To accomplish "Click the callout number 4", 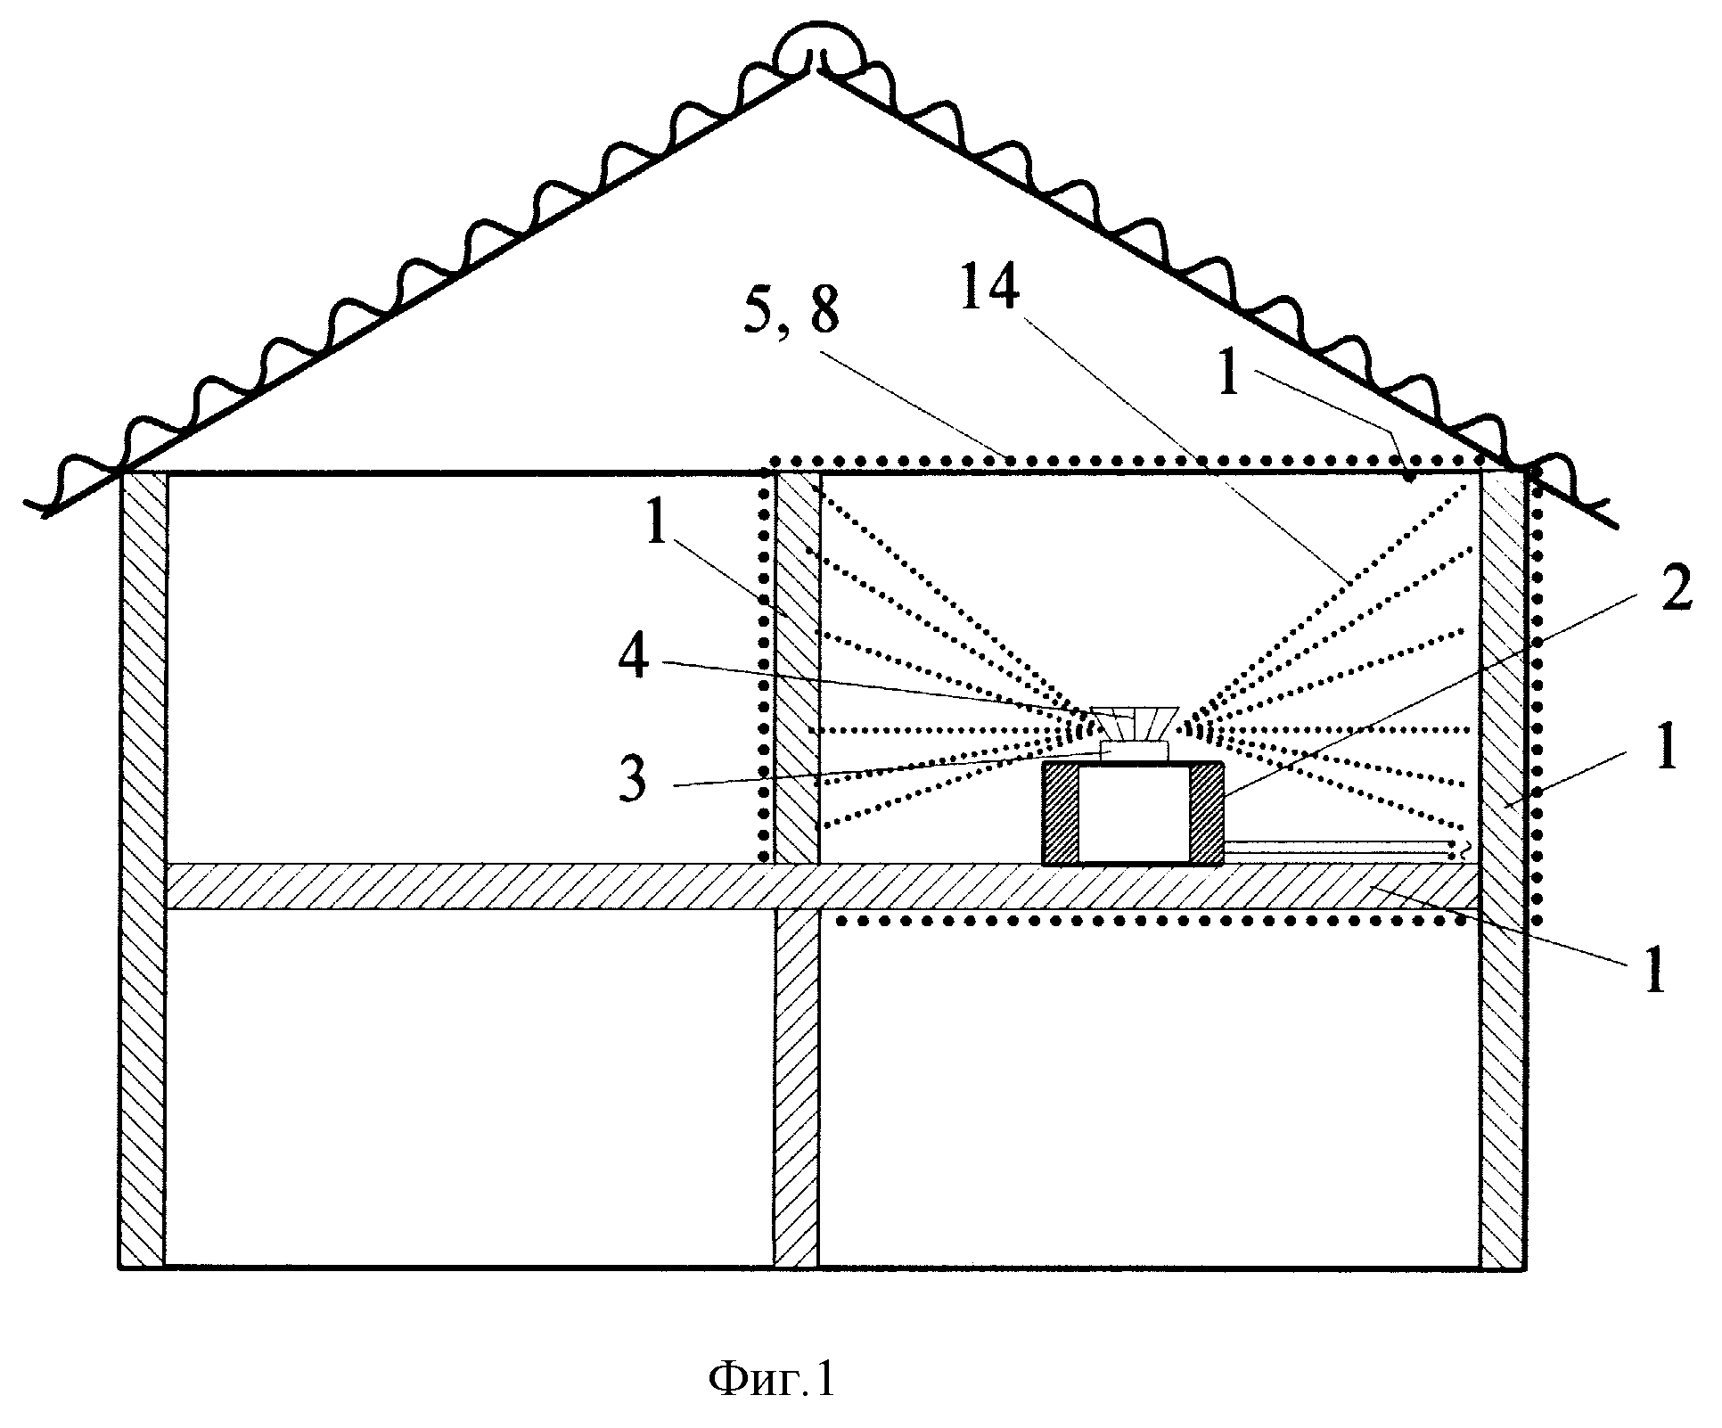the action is [x=634, y=657].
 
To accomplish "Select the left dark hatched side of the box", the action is [x=1061, y=814].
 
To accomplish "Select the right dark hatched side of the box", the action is [x=1207, y=814].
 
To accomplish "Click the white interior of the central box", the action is [x=1134, y=816].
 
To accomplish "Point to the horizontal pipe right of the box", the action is [x=1341, y=847].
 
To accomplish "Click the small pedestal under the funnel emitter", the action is [x=1133, y=751].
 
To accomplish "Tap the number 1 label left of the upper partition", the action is [x=657, y=527].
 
